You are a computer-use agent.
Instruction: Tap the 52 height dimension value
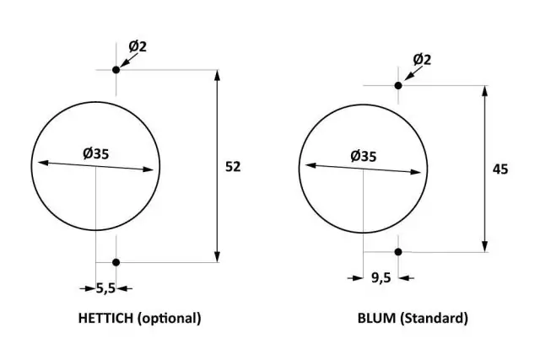point(233,167)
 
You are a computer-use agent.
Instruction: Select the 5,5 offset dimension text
point(105,288)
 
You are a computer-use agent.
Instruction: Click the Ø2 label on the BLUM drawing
point(422,59)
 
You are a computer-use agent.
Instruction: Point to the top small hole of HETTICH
point(116,69)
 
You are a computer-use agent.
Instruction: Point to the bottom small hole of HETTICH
point(116,262)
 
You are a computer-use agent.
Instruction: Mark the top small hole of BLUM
point(398,85)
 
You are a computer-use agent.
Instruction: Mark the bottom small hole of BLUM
point(398,251)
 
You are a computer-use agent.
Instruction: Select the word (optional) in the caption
point(170,319)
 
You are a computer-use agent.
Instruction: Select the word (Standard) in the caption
point(433,319)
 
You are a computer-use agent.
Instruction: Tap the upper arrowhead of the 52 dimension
point(218,76)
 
